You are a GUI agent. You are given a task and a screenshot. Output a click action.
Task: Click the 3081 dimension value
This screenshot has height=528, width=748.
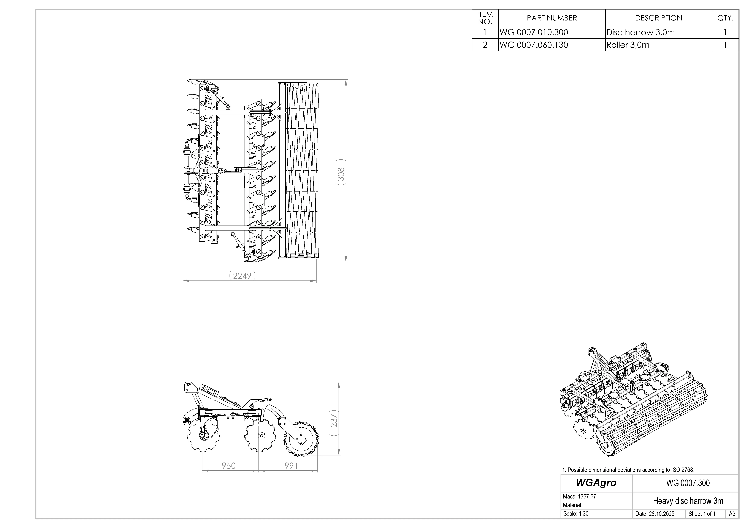pos(341,172)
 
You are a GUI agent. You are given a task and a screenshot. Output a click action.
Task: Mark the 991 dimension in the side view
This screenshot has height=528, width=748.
pos(291,466)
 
